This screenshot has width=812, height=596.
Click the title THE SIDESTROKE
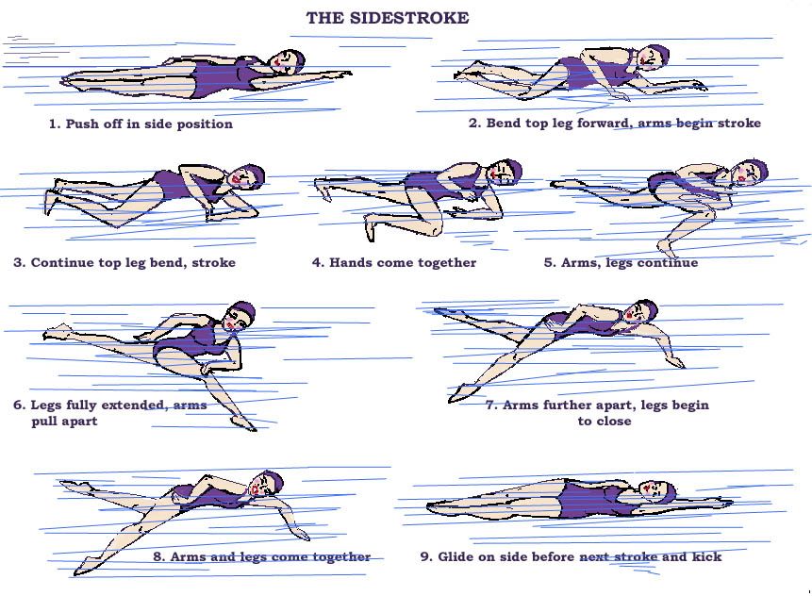point(387,18)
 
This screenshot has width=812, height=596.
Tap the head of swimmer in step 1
point(284,62)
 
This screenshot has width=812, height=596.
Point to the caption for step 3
point(124,262)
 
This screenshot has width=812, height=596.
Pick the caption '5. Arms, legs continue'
point(621,262)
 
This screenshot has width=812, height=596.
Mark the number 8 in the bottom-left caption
point(158,556)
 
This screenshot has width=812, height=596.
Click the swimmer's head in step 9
point(654,489)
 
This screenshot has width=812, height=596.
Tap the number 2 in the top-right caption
point(473,124)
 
